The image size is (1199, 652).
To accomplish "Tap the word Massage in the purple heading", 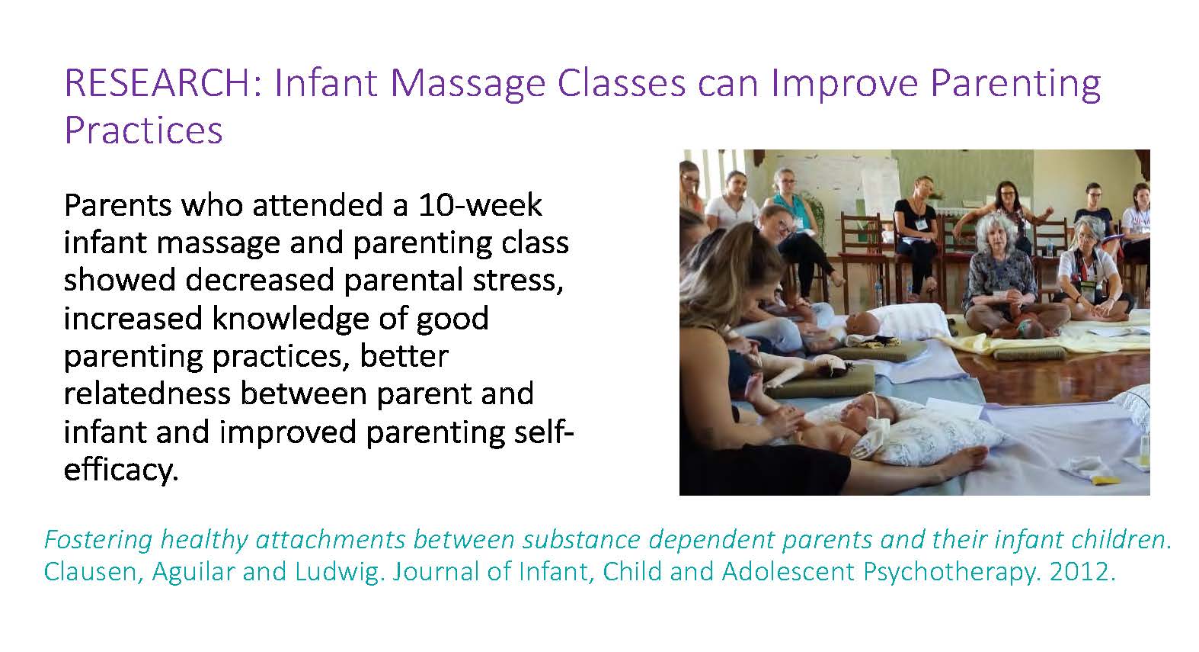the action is point(468,85).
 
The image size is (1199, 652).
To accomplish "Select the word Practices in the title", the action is point(143,130).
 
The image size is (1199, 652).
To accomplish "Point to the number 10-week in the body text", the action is point(480,204).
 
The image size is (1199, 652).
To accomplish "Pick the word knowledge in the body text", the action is point(291,318).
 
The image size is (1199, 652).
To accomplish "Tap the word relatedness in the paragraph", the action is point(147,393).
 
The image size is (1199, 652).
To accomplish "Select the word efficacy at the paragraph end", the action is point(121,470).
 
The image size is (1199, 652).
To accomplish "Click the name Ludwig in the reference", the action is point(339,572).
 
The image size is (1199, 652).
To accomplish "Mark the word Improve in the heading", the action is point(845,85).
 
